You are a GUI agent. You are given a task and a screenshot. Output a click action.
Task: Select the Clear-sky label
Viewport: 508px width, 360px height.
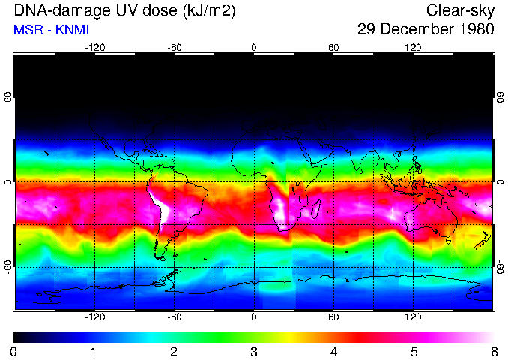click(x=460, y=10)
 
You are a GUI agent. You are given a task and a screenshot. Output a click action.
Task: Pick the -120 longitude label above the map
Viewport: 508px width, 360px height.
click(x=94, y=47)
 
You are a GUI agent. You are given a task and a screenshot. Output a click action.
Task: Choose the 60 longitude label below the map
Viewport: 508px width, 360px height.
click(x=333, y=317)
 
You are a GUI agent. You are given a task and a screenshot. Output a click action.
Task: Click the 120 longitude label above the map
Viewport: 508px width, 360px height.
click(x=413, y=47)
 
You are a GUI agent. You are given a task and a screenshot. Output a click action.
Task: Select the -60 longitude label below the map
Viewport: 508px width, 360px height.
click(x=175, y=317)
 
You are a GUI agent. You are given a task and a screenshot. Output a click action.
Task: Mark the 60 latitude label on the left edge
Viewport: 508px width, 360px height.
click(x=8, y=97)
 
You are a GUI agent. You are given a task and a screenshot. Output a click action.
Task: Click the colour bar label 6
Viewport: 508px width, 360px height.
click(x=493, y=351)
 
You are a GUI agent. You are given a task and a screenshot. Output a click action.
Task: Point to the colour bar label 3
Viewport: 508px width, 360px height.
click(x=253, y=351)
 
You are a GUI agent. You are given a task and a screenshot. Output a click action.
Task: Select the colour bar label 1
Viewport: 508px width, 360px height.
click(x=93, y=351)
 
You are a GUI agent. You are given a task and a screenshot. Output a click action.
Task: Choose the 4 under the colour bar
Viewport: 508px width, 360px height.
click(x=333, y=351)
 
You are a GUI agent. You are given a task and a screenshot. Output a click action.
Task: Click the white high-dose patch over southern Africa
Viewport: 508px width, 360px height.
click(x=283, y=214)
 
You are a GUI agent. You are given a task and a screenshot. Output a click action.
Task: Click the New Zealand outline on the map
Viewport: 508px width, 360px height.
click(x=485, y=240)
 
